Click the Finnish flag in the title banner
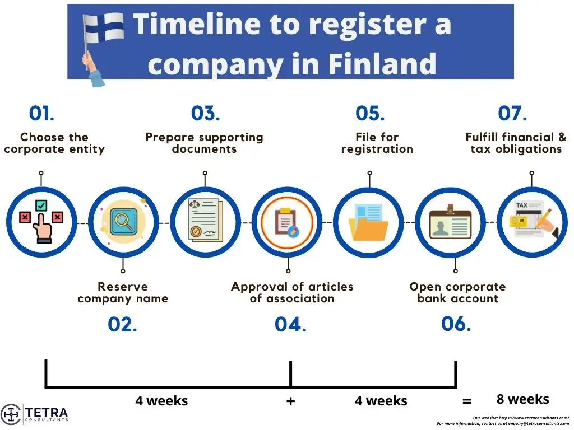tap(104, 28)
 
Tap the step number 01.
tap(41, 114)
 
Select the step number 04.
tap(290, 324)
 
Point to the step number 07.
tap(512, 114)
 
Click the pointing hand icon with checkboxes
tap(41, 222)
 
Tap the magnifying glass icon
tap(123, 222)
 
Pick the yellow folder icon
tap(368, 222)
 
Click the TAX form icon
tap(531, 222)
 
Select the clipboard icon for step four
tap(286, 222)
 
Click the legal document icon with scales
tap(205, 222)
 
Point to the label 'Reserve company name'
tap(123, 293)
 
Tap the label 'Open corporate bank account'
tap(457, 293)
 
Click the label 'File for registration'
tap(377, 143)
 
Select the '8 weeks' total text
tap(522, 399)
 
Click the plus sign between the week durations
tap(290, 401)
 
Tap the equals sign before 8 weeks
tap(466, 401)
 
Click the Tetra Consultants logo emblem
tap(11, 415)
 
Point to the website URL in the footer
tap(521, 418)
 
